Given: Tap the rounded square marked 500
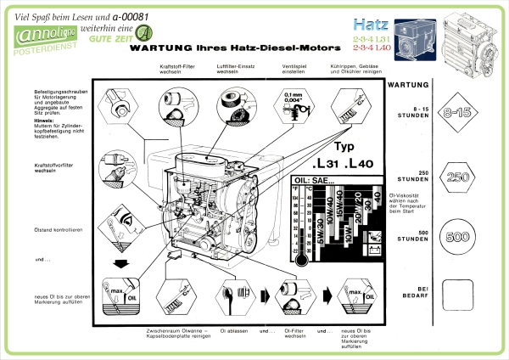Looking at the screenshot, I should [457, 238].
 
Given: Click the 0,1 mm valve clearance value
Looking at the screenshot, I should [294, 94].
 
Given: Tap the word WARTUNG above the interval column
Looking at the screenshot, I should [407, 85].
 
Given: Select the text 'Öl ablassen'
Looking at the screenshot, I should [234, 329].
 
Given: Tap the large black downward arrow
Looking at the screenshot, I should [120, 262].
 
